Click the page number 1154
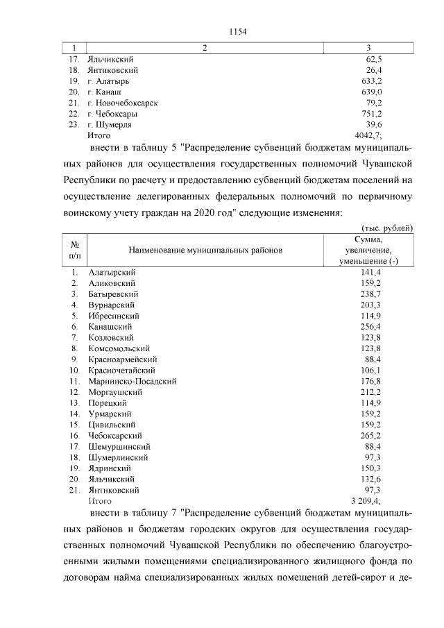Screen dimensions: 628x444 [x=237, y=31]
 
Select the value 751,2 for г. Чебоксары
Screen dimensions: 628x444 [x=371, y=114]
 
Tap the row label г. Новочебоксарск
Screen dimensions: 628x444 [x=123, y=103]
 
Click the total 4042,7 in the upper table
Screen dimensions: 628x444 [x=367, y=135]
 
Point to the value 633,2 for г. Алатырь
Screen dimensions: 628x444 [x=371, y=81]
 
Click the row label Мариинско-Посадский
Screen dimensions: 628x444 [x=132, y=381]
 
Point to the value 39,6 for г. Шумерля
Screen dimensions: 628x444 [x=373, y=124]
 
